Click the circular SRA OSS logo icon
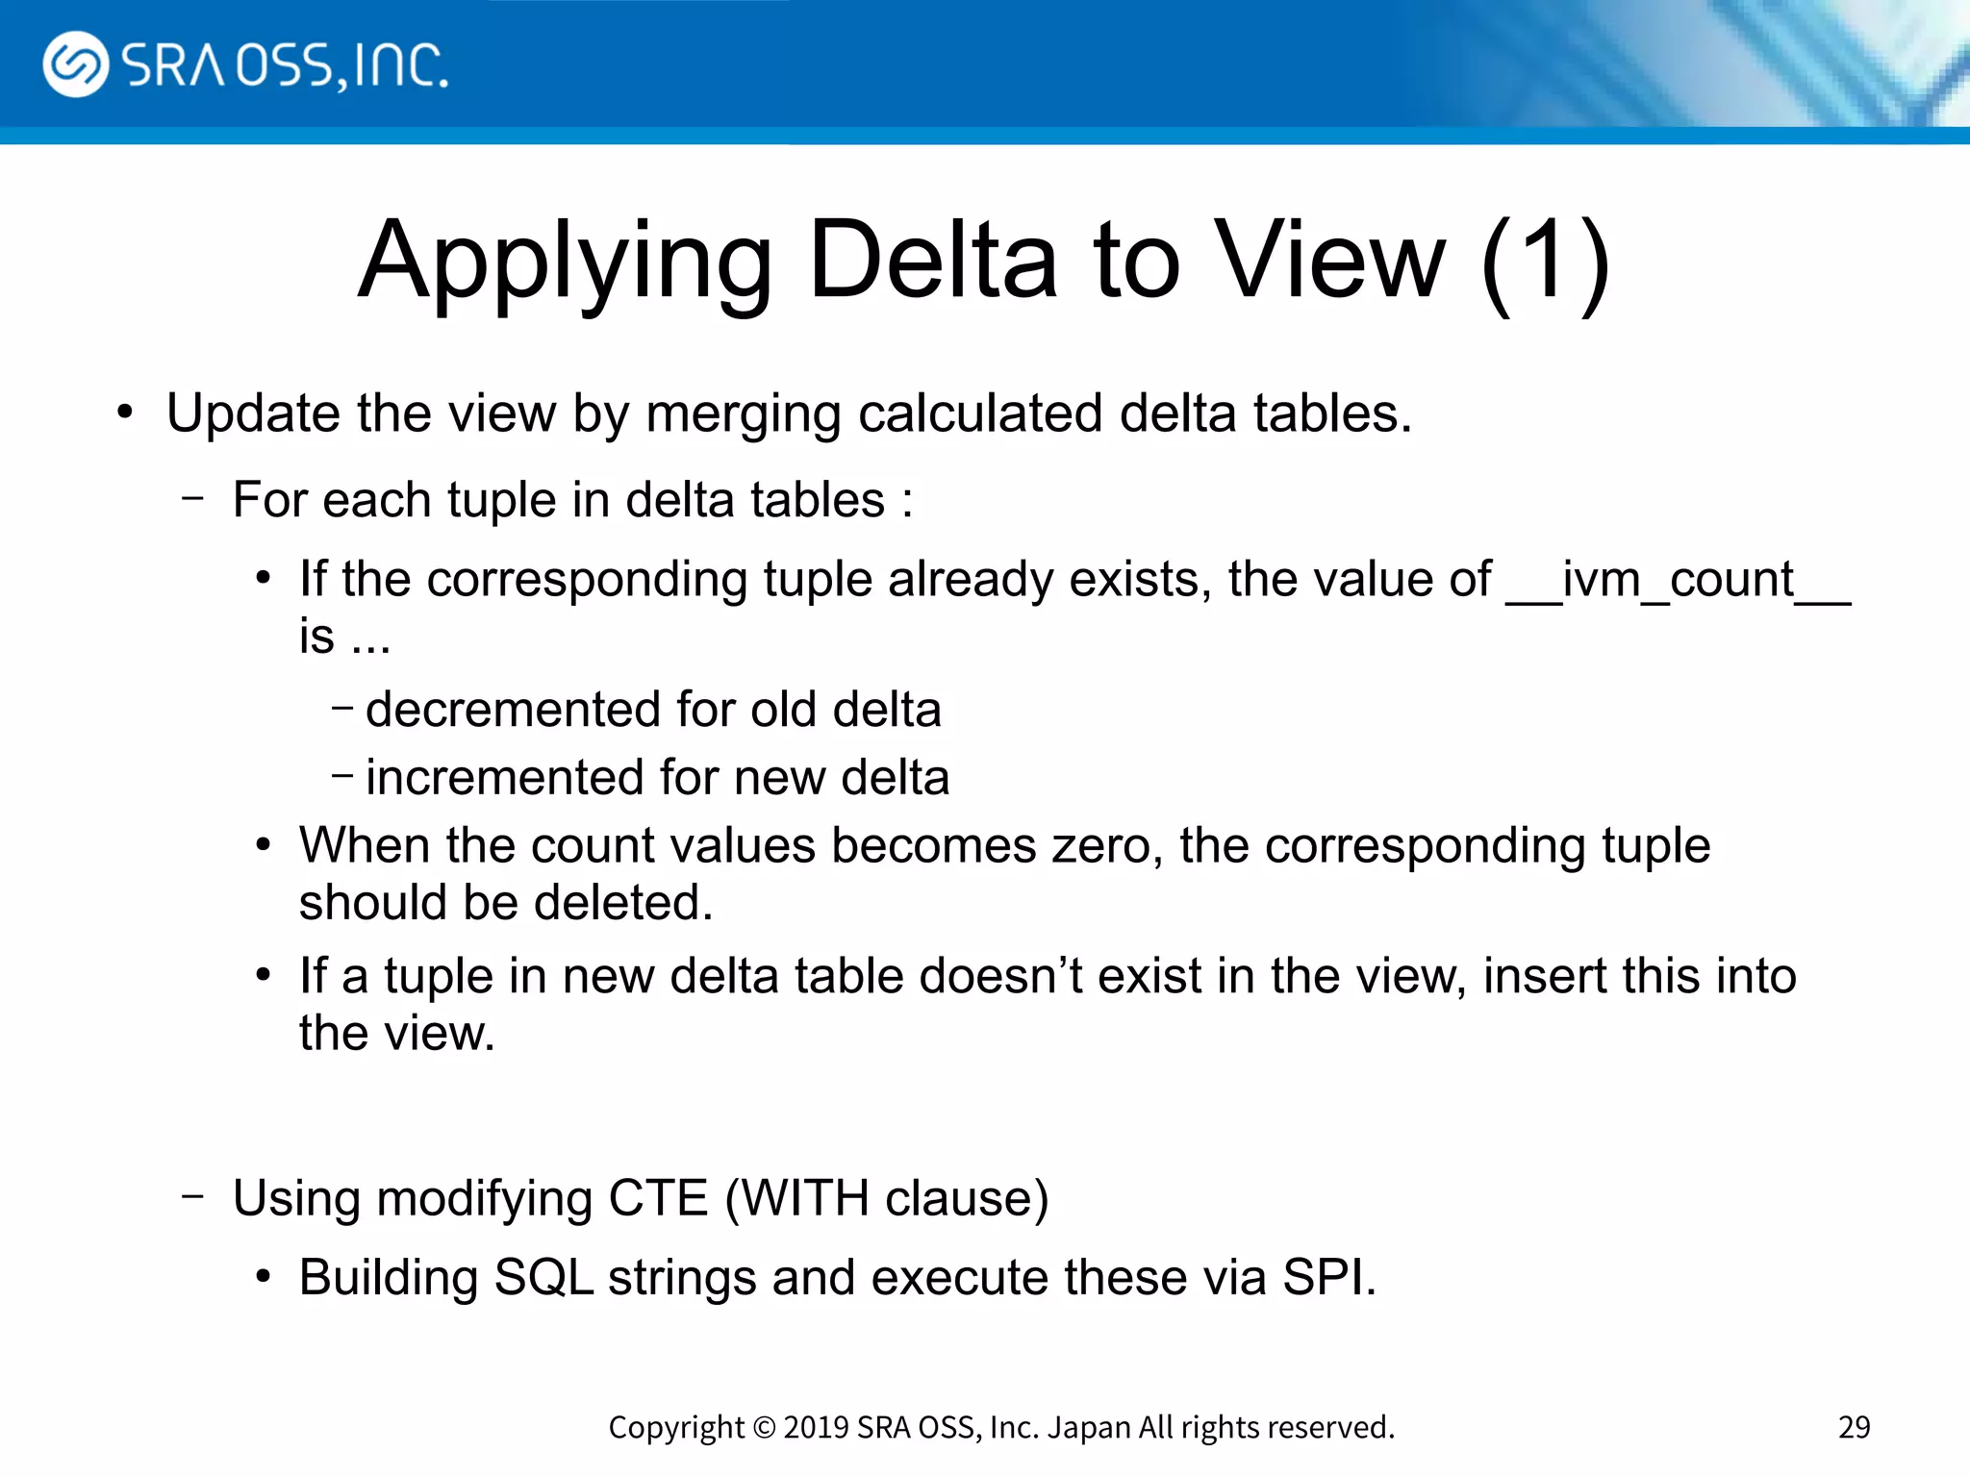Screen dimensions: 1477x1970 [75, 64]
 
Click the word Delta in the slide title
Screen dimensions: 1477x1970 [933, 260]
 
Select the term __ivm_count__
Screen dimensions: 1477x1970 [1678, 581]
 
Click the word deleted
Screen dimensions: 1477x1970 [623, 903]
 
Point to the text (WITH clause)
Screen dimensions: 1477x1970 [886, 1199]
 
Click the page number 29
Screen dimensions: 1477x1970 [1854, 1427]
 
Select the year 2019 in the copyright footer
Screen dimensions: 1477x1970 [816, 1427]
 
